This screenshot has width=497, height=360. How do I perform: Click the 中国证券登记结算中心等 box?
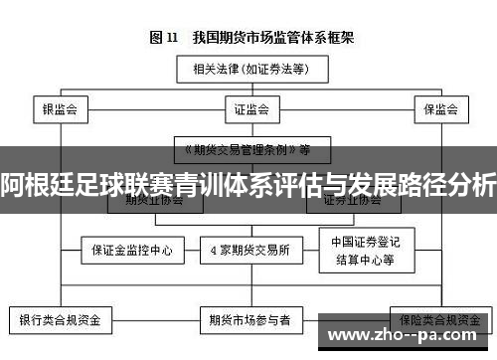[x=362, y=250]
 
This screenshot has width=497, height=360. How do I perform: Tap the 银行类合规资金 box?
[x=61, y=320]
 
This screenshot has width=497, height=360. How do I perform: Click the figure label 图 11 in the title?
[x=163, y=38]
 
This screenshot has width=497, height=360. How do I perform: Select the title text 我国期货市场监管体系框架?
[x=266, y=38]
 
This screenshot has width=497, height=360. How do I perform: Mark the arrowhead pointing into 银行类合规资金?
[x=59, y=304]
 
